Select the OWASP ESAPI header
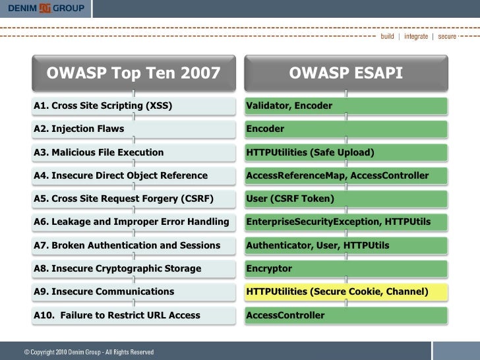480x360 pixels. tap(345, 73)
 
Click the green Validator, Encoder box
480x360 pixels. tap(345, 105)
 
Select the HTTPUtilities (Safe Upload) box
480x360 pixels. tap(345, 152)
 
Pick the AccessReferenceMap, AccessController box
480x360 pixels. tap(345, 175)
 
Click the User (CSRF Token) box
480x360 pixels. tap(345, 198)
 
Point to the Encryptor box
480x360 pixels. tap(345, 268)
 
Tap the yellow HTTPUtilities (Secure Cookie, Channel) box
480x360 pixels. tap(345, 291)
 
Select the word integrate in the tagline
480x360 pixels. tap(415, 36)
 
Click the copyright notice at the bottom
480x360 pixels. tap(89, 352)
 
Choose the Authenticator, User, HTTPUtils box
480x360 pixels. tap(345, 245)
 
